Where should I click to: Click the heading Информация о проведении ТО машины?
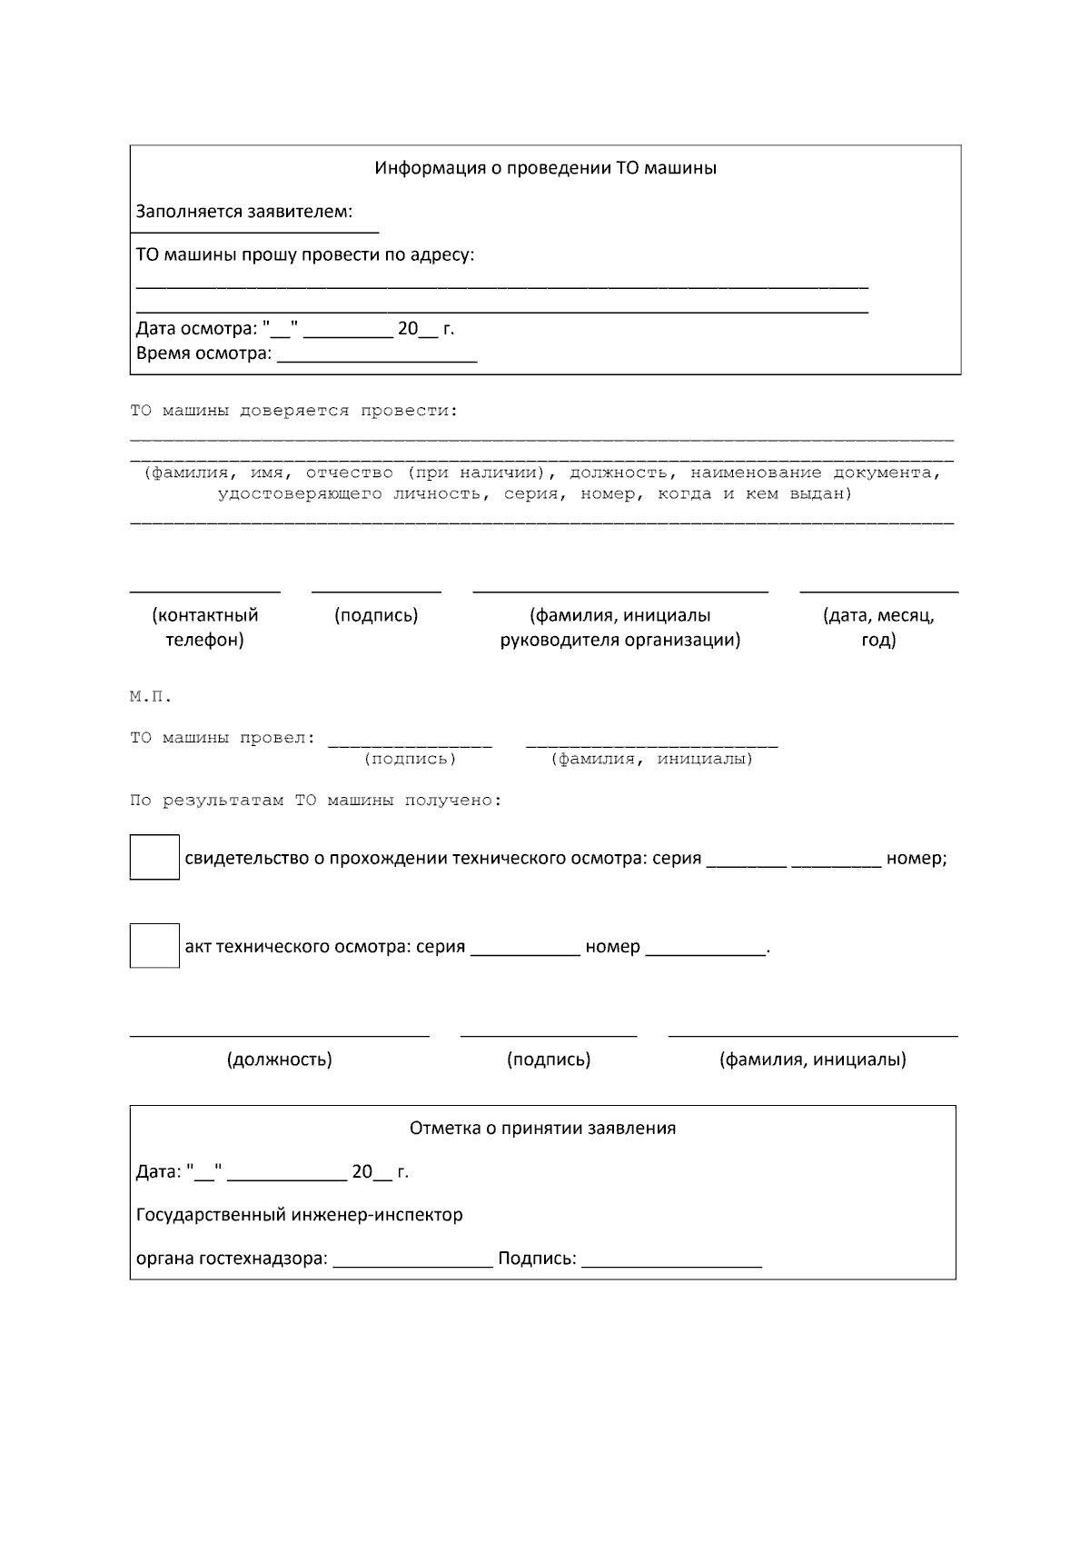click(x=545, y=168)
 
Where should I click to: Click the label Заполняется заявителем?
click(x=243, y=212)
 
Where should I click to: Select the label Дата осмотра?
click(x=196, y=329)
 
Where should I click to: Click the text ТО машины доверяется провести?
click(x=294, y=411)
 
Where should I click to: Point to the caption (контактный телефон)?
click(x=204, y=627)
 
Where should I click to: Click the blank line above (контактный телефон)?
click(x=204, y=590)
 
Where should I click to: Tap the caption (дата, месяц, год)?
click(x=878, y=627)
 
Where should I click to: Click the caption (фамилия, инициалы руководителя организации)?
click(x=620, y=627)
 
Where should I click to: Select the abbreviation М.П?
click(x=150, y=697)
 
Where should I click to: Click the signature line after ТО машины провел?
click(x=410, y=744)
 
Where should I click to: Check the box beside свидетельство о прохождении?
click(x=154, y=857)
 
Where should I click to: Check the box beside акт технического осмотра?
click(x=154, y=945)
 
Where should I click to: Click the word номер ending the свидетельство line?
click(x=916, y=859)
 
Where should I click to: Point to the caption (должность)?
click(x=279, y=1060)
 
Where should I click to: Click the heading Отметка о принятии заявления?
click(x=542, y=1129)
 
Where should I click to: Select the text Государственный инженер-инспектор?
click(x=299, y=1215)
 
